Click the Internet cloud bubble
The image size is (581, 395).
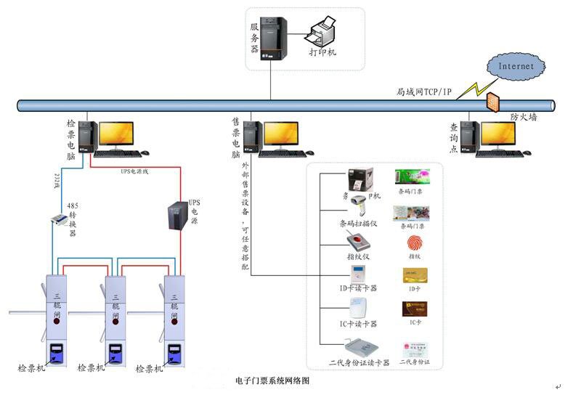pyautogui.click(x=516, y=66)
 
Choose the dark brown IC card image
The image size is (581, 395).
pyautogui.click(x=414, y=308)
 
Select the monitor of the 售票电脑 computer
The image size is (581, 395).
pyautogui.click(x=280, y=134)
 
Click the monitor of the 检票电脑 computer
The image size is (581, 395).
pyautogui.click(x=116, y=134)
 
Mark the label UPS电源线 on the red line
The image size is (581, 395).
pyautogui.click(x=134, y=171)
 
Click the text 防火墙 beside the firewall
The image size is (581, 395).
pyautogui.click(x=524, y=117)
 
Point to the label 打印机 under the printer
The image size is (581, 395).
pyautogui.click(x=322, y=53)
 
